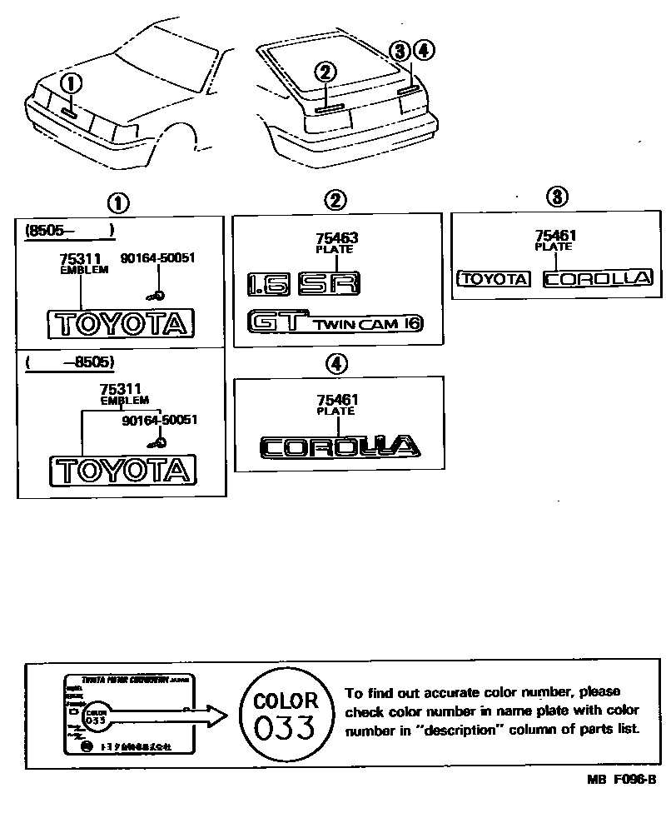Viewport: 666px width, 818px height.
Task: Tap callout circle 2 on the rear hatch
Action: tap(325, 72)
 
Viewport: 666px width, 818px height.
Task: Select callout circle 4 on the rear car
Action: tap(424, 51)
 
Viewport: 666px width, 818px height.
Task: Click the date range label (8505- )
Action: tap(68, 231)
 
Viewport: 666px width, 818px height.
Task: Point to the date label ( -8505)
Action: tap(70, 363)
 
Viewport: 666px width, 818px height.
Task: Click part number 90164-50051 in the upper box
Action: tap(157, 258)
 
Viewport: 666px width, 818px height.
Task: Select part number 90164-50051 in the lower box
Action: tap(159, 421)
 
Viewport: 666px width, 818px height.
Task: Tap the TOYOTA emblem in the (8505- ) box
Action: tap(122, 323)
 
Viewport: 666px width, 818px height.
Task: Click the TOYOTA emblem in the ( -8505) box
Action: tap(123, 471)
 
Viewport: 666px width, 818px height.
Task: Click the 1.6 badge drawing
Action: tap(269, 285)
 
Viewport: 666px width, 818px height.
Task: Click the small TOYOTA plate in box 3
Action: tap(495, 279)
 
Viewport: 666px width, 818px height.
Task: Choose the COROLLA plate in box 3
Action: tap(597, 279)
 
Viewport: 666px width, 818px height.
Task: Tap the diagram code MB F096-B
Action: tap(620, 780)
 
